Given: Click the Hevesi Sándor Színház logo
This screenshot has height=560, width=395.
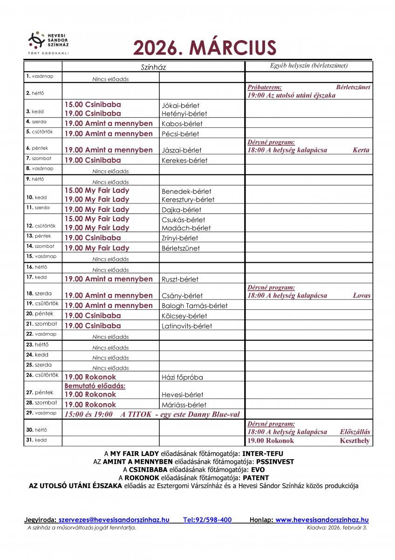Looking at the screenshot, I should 49,42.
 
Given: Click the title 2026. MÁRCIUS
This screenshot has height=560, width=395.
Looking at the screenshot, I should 205,48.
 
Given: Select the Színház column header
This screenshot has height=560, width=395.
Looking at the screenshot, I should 153,67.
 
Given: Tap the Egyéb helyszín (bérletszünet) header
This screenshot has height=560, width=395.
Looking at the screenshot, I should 309,66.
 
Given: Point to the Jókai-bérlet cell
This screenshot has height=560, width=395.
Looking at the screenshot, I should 180,105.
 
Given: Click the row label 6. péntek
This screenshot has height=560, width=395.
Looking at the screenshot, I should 37,148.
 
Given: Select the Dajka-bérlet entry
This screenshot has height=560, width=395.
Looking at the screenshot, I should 181,210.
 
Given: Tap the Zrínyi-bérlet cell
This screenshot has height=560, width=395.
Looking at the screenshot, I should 179,238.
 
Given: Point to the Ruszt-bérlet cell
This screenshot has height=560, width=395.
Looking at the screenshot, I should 180,279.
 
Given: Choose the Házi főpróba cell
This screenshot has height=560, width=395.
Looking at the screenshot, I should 182,377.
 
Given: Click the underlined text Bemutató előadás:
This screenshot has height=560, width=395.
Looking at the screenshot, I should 95,386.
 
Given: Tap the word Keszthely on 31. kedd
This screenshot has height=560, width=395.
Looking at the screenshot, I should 354,441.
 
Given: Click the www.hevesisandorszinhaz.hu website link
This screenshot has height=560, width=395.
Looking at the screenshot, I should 322,520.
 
